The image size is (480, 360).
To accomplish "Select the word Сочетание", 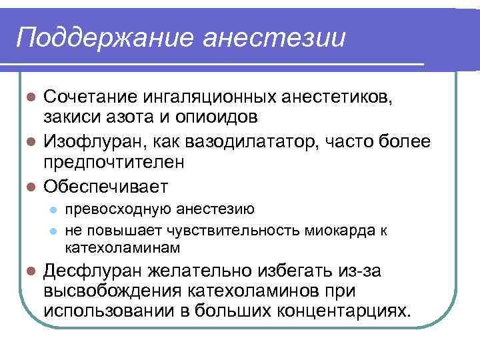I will (89, 97).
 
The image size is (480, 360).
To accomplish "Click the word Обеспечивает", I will (106, 185).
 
